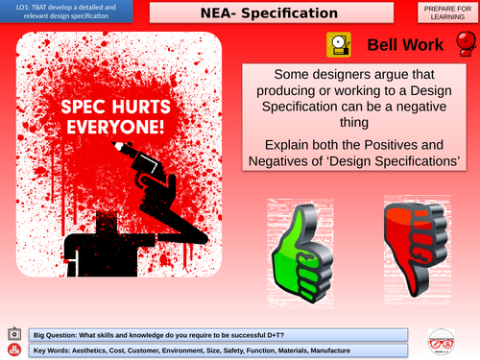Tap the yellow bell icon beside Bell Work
tap(339, 44)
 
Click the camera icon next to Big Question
tap(13, 332)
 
